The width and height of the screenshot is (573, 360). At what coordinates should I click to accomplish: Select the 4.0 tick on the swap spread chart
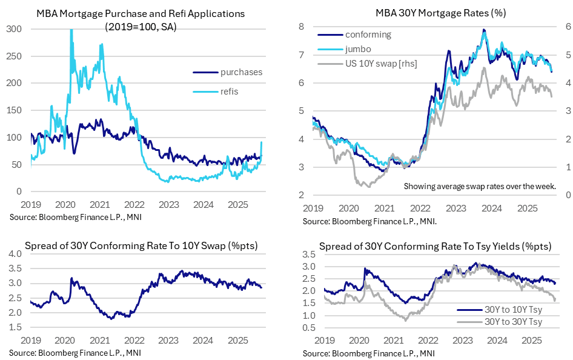[16, 253]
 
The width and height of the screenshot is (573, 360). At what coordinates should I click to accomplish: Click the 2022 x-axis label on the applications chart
[134, 205]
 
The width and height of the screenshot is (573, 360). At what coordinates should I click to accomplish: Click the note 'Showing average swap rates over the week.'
[480, 185]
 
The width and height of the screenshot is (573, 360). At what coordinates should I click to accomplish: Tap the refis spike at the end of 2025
[261, 144]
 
